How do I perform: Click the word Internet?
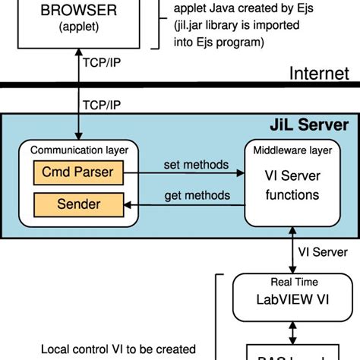(319, 74)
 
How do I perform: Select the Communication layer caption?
(79, 150)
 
